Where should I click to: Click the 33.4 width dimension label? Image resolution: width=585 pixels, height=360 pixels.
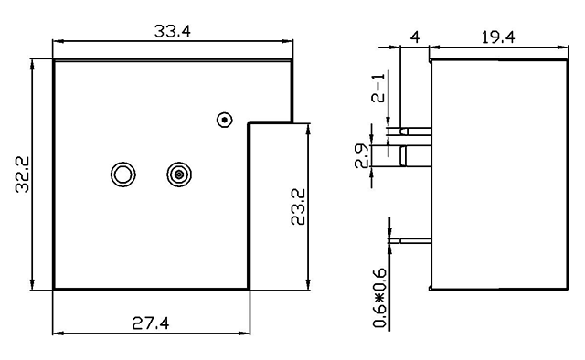[x=173, y=31]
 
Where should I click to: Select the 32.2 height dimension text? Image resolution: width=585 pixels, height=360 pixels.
[x=22, y=175]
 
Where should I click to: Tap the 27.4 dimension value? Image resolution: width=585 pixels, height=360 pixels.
[x=151, y=323]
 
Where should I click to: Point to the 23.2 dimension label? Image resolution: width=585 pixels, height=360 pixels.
[x=298, y=206]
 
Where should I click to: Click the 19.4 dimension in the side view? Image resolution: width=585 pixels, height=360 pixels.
[x=498, y=37]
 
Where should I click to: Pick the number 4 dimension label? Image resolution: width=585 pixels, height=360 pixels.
[x=415, y=37]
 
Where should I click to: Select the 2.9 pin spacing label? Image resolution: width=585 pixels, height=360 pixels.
[x=362, y=156]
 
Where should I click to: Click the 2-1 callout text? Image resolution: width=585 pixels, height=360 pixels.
[x=378, y=88]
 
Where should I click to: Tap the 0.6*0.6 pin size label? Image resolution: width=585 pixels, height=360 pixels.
[x=380, y=298]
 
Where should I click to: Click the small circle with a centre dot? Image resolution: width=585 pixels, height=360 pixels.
[x=225, y=120]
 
